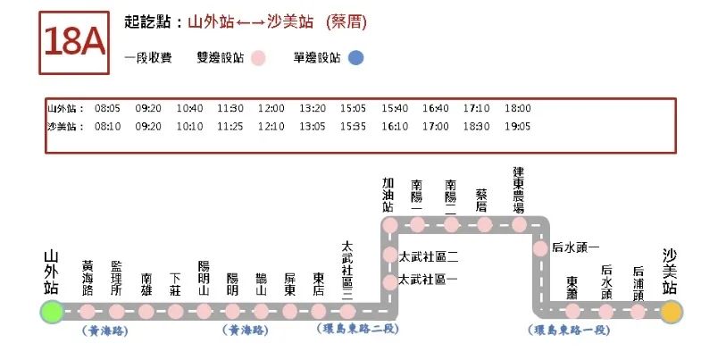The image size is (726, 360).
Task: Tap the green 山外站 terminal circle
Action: point(52,312)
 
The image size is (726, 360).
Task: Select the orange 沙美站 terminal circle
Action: point(671,312)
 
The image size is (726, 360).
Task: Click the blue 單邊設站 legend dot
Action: point(355,58)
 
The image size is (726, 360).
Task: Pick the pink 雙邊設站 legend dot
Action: point(258,58)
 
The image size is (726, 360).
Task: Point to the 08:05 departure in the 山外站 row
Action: point(107,108)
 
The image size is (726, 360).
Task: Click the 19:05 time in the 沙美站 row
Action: point(517,126)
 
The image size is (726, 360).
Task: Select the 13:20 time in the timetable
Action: point(312,108)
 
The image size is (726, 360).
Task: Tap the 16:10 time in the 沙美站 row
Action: point(394,126)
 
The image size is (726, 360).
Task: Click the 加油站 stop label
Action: point(388,193)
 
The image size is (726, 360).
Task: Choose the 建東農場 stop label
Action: point(519,188)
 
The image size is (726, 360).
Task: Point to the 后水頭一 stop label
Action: point(576,247)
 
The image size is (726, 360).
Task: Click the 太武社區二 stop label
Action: point(428,256)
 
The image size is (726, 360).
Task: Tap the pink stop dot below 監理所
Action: point(116,312)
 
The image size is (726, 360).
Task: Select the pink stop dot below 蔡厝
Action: point(484,224)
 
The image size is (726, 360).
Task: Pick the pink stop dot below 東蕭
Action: point(572,312)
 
